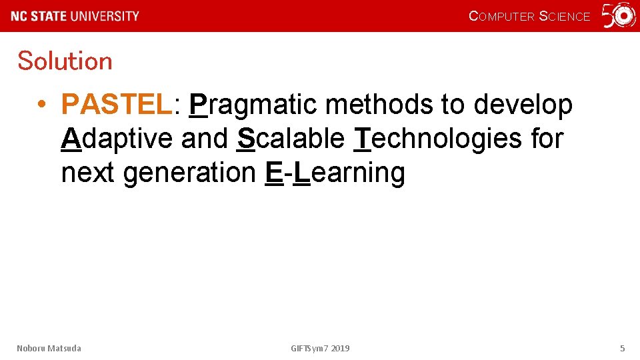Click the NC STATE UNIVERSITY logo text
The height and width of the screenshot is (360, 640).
[x=75, y=16]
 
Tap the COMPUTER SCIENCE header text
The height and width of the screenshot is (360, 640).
[x=529, y=17]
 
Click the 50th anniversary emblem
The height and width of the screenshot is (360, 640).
[x=619, y=16]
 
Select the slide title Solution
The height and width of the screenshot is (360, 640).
[x=65, y=61]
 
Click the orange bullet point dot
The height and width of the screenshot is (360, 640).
[x=41, y=105]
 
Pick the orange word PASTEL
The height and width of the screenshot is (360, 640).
[x=117, y=105]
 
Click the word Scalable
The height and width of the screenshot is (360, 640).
[x=291, y=139]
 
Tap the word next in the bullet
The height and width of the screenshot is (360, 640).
[x=89, y=173]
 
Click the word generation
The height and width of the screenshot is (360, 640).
[x=190, y=173]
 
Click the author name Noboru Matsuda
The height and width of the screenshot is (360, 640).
[x=49, y=348]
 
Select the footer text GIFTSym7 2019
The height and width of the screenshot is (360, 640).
[x=320, y=348]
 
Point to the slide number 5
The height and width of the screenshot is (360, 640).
[x=622, y=348]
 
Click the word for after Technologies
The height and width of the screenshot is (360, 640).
[x=547, y=139]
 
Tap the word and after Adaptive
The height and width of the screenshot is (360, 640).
[x=205, y=139]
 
